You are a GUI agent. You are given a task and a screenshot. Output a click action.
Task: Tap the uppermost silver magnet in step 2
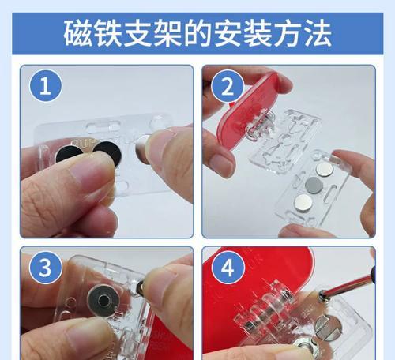[x=325, y=169]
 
